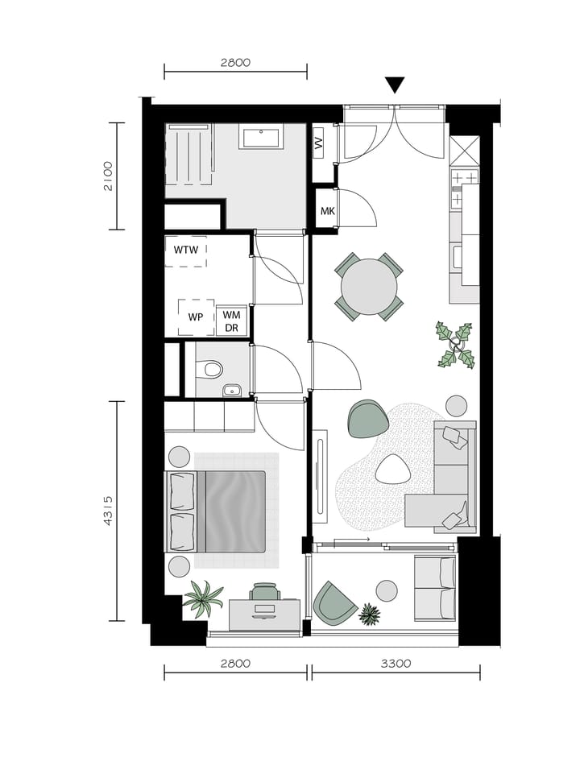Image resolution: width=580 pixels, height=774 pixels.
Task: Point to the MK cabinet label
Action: pos(327,211)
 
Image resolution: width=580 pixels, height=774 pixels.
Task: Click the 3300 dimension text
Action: pos(396,664)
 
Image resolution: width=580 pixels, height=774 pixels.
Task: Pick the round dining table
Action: pos(369,286)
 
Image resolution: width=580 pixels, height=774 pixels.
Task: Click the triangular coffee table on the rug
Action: pos(392,469)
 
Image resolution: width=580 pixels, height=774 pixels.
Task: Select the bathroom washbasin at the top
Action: pos(261,138)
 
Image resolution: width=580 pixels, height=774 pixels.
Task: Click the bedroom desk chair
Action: pos(265,593)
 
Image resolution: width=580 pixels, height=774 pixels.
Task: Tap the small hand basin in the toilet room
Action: pos(233,391)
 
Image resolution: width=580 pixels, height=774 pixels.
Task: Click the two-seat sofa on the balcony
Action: pos(435,588)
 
